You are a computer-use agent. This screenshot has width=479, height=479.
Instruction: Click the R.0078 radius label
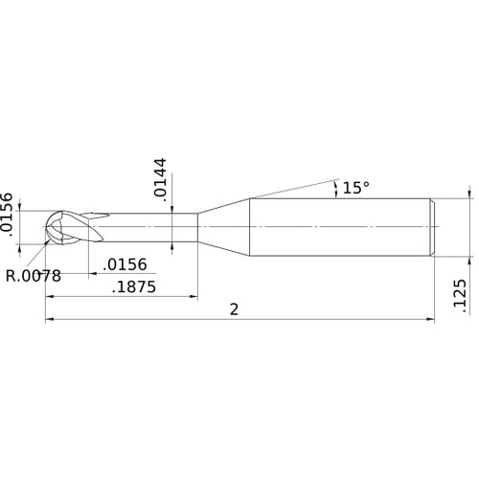click(x=34, y=276)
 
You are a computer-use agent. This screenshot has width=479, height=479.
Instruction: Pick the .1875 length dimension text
click(x=135, y=286)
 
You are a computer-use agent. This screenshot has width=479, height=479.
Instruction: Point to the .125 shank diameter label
click(x=459, y=296)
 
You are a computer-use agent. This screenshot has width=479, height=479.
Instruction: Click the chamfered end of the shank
click(x=432, y=227)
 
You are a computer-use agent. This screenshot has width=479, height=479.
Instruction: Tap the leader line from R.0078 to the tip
click(x=35, y=254)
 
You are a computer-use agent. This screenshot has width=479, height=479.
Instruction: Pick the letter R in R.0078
click(x=11, y=276)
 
